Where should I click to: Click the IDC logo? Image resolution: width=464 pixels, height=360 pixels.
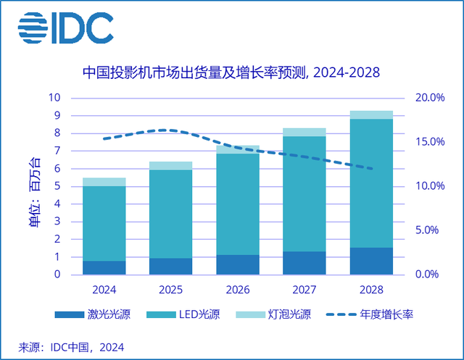(65, 28)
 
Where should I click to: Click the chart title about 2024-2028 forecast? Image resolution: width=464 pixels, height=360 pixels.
(231, 72)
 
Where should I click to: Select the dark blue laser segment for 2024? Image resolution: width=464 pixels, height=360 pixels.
(104, 267)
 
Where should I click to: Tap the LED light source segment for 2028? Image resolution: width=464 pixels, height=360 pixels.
(371, 183)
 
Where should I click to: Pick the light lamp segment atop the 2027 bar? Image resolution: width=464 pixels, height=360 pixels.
(304, 132)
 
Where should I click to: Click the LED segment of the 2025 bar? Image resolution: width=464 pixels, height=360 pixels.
(171, 214)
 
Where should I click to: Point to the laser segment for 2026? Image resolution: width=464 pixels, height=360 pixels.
(238, 264)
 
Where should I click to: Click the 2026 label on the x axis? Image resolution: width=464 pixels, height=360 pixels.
(238, 290)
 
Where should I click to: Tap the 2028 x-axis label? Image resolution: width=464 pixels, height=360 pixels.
(371, 290)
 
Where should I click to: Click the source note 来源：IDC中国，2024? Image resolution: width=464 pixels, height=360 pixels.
(61, 346)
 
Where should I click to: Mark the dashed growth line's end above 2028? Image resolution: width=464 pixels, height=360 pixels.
(371, 169)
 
